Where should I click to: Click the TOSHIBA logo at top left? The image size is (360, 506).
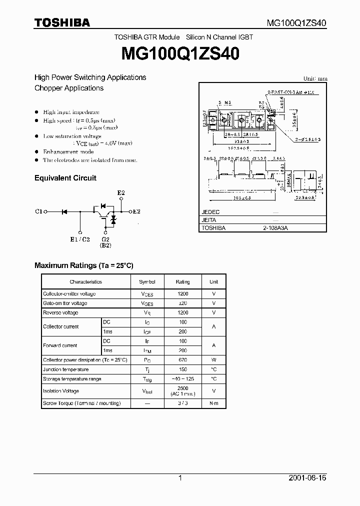pyautogui.click(x=62, y=22)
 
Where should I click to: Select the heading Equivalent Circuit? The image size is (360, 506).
pyautogui.click(x=65, y=178)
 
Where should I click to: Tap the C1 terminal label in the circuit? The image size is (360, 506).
pyautogui.click(x=38, y=212)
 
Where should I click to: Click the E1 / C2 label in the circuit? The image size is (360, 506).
pyautogui.click(x=80, y=239)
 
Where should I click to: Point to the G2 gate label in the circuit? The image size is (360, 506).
pyautogui.click(x=105, y=239)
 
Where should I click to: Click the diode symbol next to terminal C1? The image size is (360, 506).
pyautogui.click(x=64, y=212)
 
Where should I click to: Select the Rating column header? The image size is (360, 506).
pyautogui.click(x=183, y=282)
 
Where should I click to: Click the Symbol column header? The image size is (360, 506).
pyautogui.click(x=147, y=282)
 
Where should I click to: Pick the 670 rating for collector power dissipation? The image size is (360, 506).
pyautogui.click(x=183, y=360)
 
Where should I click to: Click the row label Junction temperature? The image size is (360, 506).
pyautogui.click(x=65, y=369)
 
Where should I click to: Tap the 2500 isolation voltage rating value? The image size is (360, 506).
pyautogui.click(x=183, y=388)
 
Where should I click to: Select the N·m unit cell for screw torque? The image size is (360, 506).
pyautogui.click(x=213, y=403)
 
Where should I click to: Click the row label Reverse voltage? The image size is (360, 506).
pyautogui.click(x=60, y=313)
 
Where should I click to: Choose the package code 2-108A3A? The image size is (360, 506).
pyautogui.click(x=275, y=227)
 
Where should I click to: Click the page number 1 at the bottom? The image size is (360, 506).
pyautogui.click(x=180, y=478)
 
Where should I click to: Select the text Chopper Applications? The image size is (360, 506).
pyautogui.click(x=69, y=88)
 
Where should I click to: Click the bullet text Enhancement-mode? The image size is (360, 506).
pyautogui.click(x=68, y=151)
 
